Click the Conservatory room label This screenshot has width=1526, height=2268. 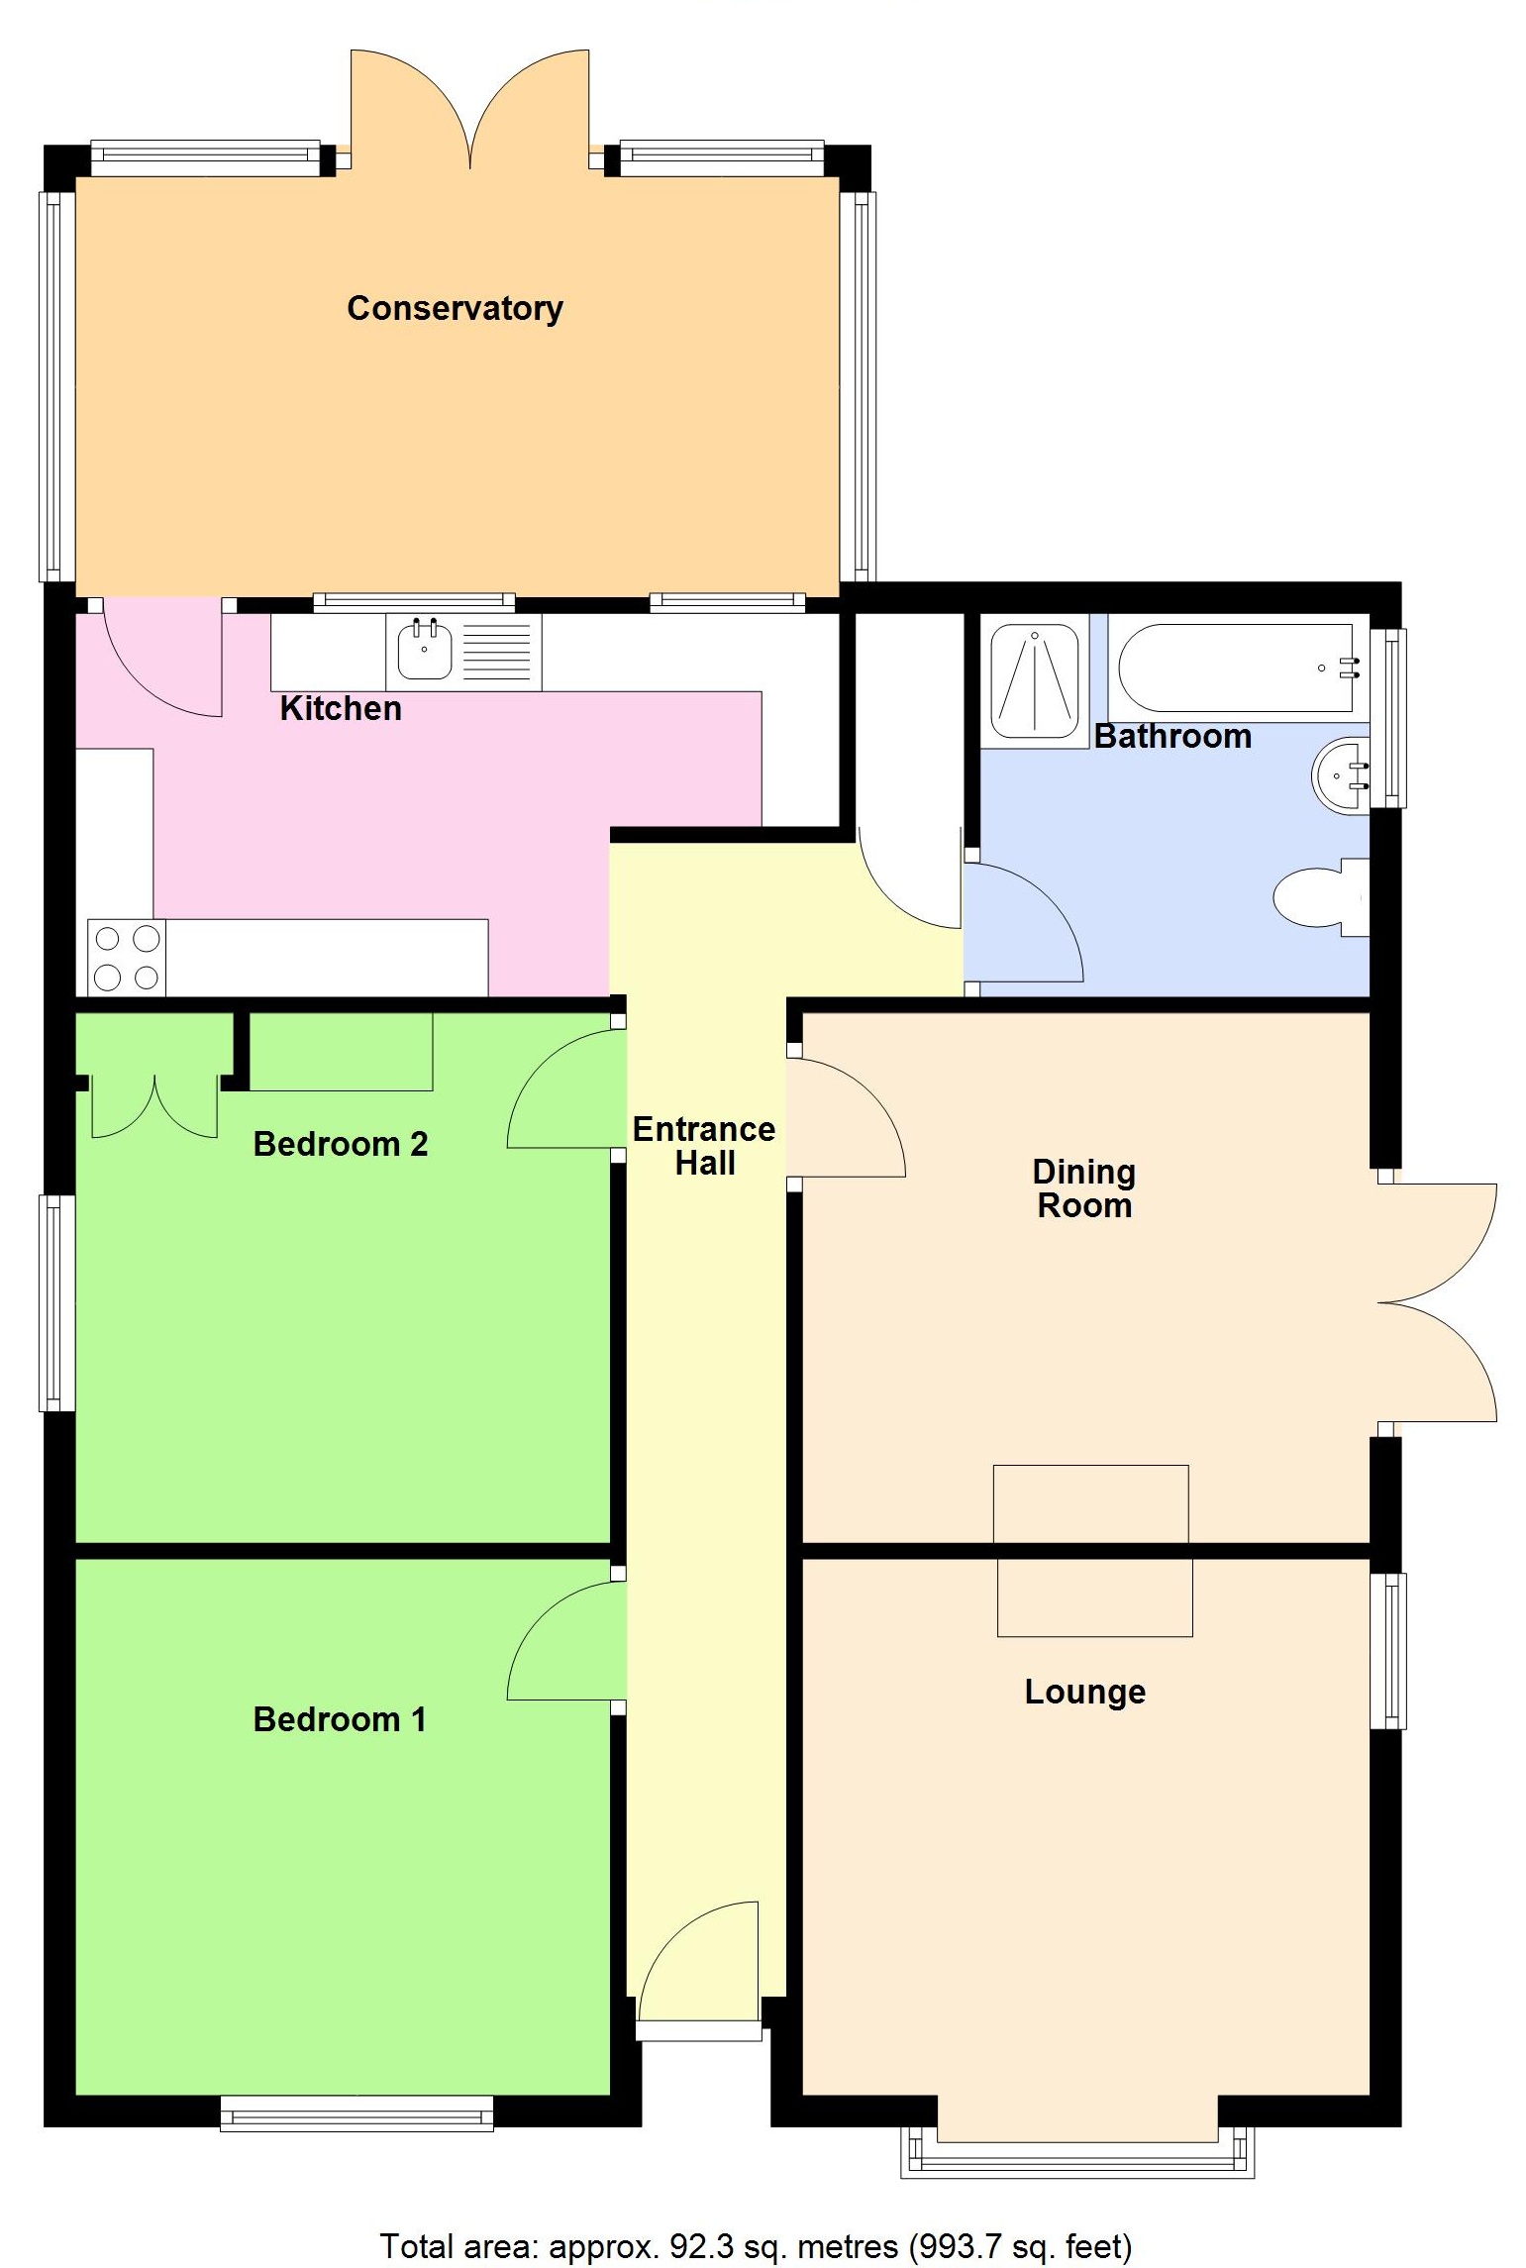pyautogui.click(x=455, y=308)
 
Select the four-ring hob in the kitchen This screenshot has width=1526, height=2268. pyautogui.click(x=127, y=958)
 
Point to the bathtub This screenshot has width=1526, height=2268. pyautogui.click(x=1235, y=668)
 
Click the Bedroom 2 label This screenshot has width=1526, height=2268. pyautogui.click(x=340, y=1144)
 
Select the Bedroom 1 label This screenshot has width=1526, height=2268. pyautogui.click(x=340, y=1719)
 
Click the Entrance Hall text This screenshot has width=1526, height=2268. pyautogui.click(x=704, y=1145)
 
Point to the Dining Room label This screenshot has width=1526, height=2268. pyautogui.click(x=1083, y=1188)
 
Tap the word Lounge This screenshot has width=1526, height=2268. pyautogui.click(x=1084, y=1692)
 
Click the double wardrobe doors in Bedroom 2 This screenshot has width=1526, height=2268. pyautogui.click(x=154, y=1107)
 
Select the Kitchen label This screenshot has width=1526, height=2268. pyautogui.click(x=341, y=708)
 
